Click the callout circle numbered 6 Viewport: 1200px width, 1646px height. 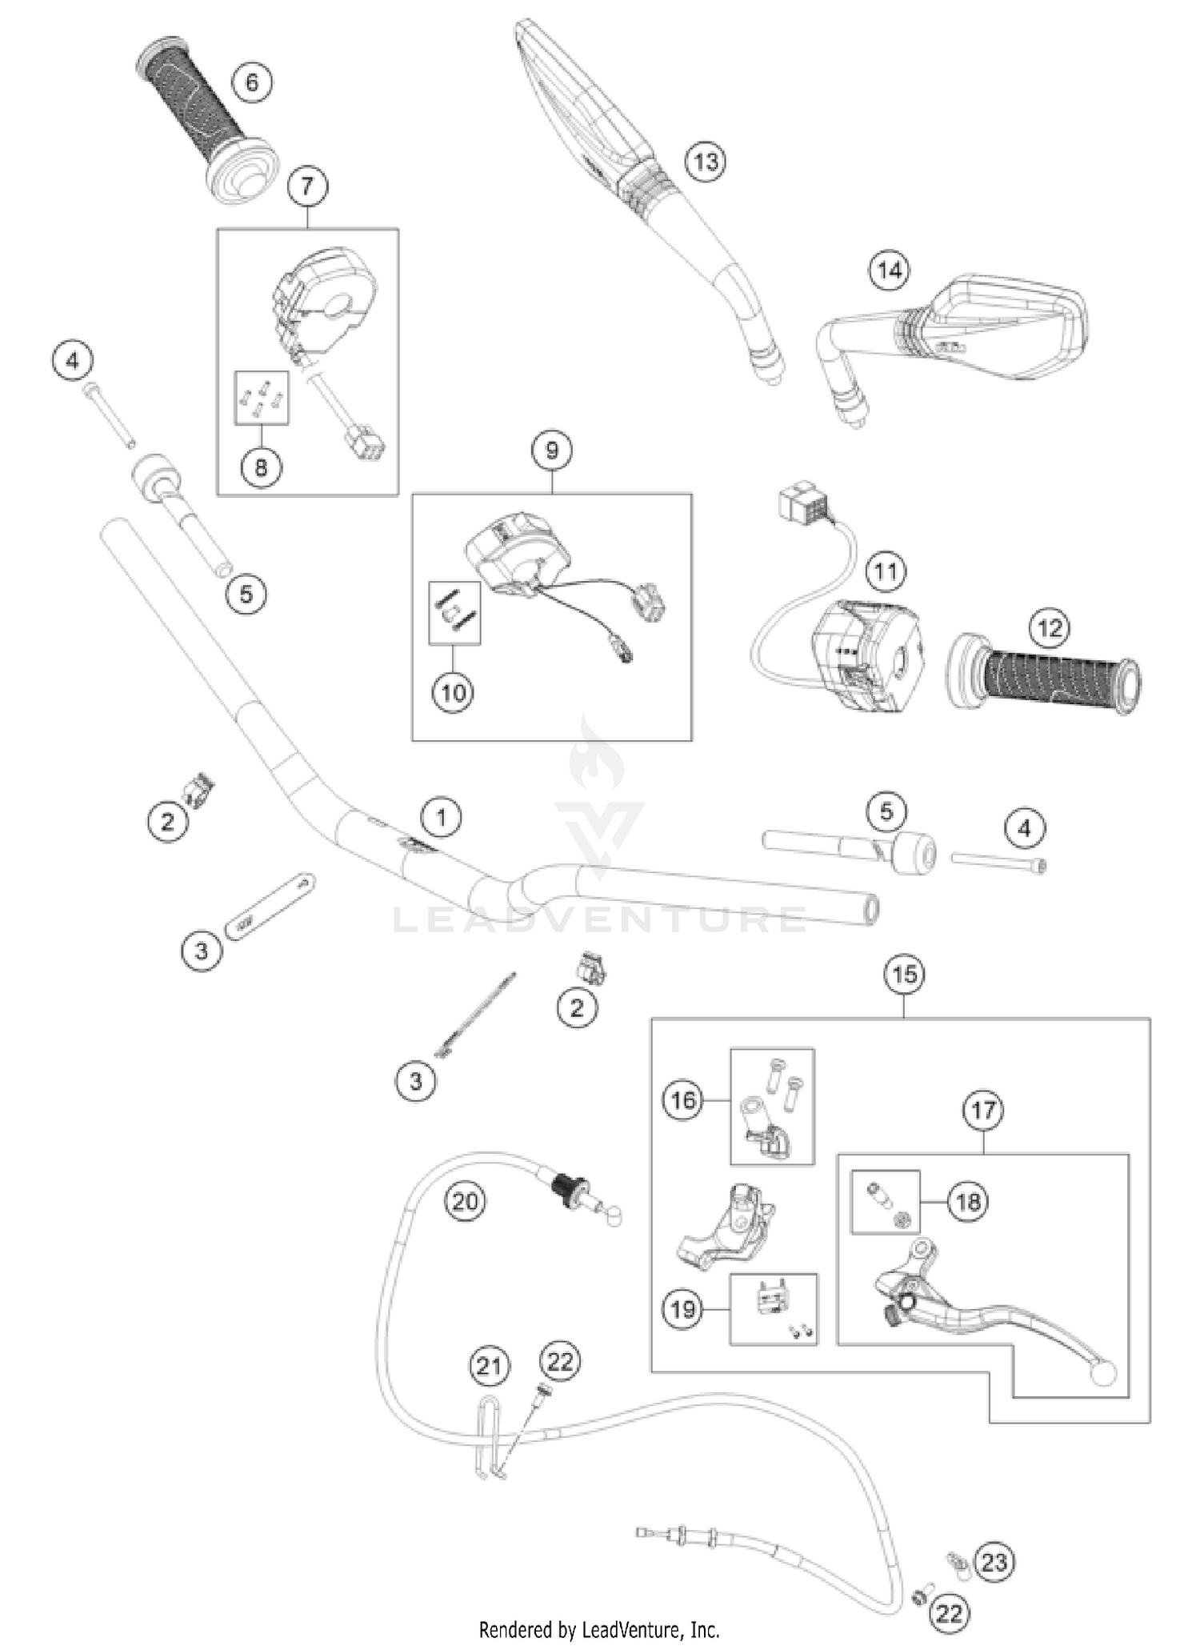point(252,82)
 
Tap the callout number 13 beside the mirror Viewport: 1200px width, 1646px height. point(706,162)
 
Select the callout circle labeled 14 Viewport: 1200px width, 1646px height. point(890,270)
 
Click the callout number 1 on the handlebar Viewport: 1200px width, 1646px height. point(442,817)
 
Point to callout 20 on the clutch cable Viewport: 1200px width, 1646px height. point(465,1201)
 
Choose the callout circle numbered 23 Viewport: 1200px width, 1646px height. point(994,1562)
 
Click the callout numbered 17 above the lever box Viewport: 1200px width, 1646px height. point(983,1110)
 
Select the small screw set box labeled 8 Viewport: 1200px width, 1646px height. point(262,398)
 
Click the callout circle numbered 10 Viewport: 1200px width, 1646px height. point(453,692)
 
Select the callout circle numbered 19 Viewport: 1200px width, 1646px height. point(682,1309)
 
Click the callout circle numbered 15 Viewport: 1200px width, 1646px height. point(904,975)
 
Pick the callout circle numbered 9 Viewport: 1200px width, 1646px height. point(552,451)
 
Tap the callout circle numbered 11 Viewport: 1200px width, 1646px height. point(886,571)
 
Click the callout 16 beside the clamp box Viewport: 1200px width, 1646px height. point(682,1100)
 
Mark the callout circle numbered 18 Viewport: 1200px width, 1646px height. point(968,1201)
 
